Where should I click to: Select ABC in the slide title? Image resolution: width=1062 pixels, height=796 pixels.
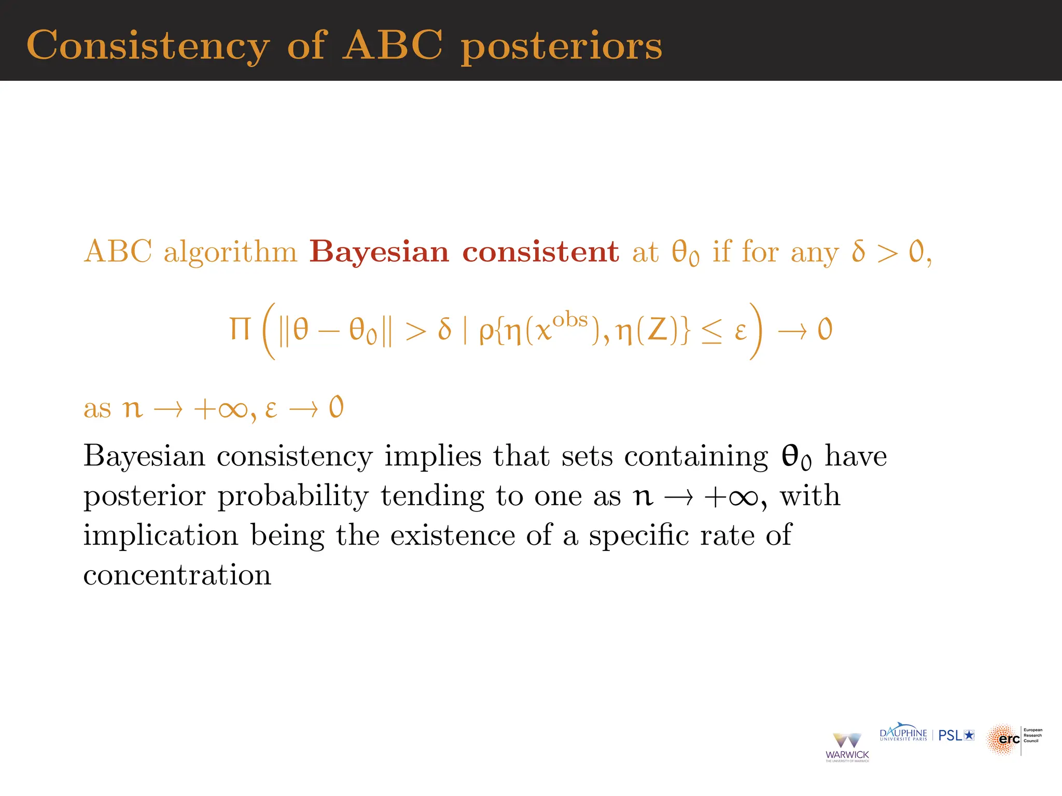click(393, 46)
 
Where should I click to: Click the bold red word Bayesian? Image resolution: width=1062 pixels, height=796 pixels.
click(379, 253)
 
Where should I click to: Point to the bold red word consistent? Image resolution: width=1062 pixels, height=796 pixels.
click(540, 252)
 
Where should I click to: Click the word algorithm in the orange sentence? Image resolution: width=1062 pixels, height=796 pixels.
click(230, 253)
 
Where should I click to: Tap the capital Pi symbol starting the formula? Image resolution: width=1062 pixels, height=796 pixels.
click(240, 329)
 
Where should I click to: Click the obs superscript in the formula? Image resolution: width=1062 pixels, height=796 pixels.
click(570, 320)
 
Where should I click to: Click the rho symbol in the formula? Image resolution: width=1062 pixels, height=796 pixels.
click(486, 332)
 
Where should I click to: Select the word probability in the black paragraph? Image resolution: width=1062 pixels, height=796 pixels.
click(292, 496)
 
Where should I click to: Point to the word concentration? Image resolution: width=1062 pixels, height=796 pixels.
click(177, 575)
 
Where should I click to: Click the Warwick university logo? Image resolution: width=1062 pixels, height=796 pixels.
click(847, 747)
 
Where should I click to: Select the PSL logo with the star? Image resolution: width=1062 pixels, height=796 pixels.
click(956, 735)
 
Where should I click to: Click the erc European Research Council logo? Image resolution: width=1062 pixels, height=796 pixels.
click(1013, 739)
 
